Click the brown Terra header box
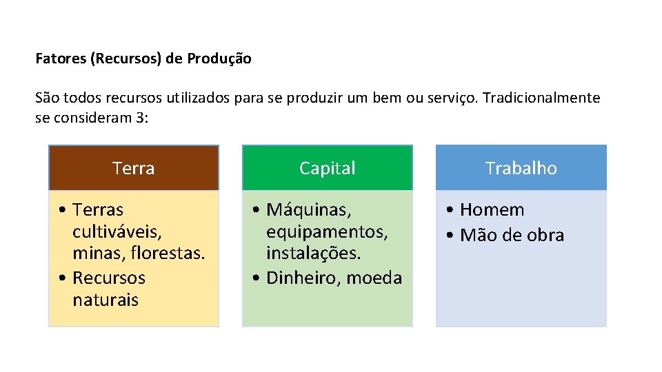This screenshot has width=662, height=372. [x=133, y=168]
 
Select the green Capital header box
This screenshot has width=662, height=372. [x=328, y=168]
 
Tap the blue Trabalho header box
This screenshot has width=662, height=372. [x=521, y=168]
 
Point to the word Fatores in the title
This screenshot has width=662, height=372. [x=61, y=59]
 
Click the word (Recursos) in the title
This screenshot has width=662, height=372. [x=126, y=59]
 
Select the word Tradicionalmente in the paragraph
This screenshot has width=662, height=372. [x=541, y=98]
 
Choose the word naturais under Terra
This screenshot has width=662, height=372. [x=106, y=300]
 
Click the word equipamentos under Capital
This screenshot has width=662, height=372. [x=327, y=232]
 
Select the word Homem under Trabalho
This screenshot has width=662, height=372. [x=492, y=209]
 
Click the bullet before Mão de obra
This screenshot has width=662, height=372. [x=450, y=236]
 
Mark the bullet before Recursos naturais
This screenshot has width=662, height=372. [x=63, y=278]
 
